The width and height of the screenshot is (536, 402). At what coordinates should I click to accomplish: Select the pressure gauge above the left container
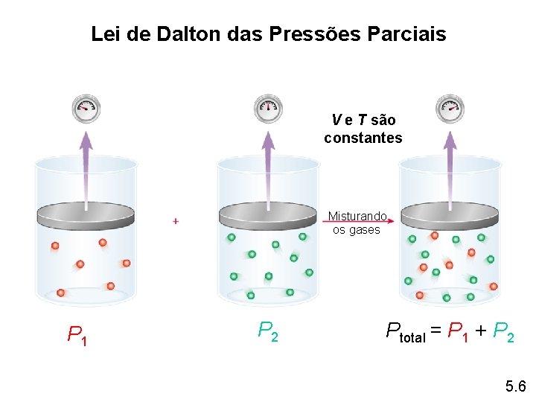85,108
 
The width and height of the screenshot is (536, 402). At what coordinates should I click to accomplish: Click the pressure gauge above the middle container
268,108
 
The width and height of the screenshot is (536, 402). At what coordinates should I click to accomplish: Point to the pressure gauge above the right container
450,108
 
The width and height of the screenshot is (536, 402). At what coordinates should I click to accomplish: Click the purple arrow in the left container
86,167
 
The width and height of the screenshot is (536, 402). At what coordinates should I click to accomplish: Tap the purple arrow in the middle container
268,167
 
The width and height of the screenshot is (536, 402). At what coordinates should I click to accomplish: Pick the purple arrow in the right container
450,167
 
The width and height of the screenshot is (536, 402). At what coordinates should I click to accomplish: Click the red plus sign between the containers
176,221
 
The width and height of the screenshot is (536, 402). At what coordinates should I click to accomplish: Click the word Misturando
357,216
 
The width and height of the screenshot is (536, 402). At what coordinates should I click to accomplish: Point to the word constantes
363,138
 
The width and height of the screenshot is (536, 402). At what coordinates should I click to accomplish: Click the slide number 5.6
515,386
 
